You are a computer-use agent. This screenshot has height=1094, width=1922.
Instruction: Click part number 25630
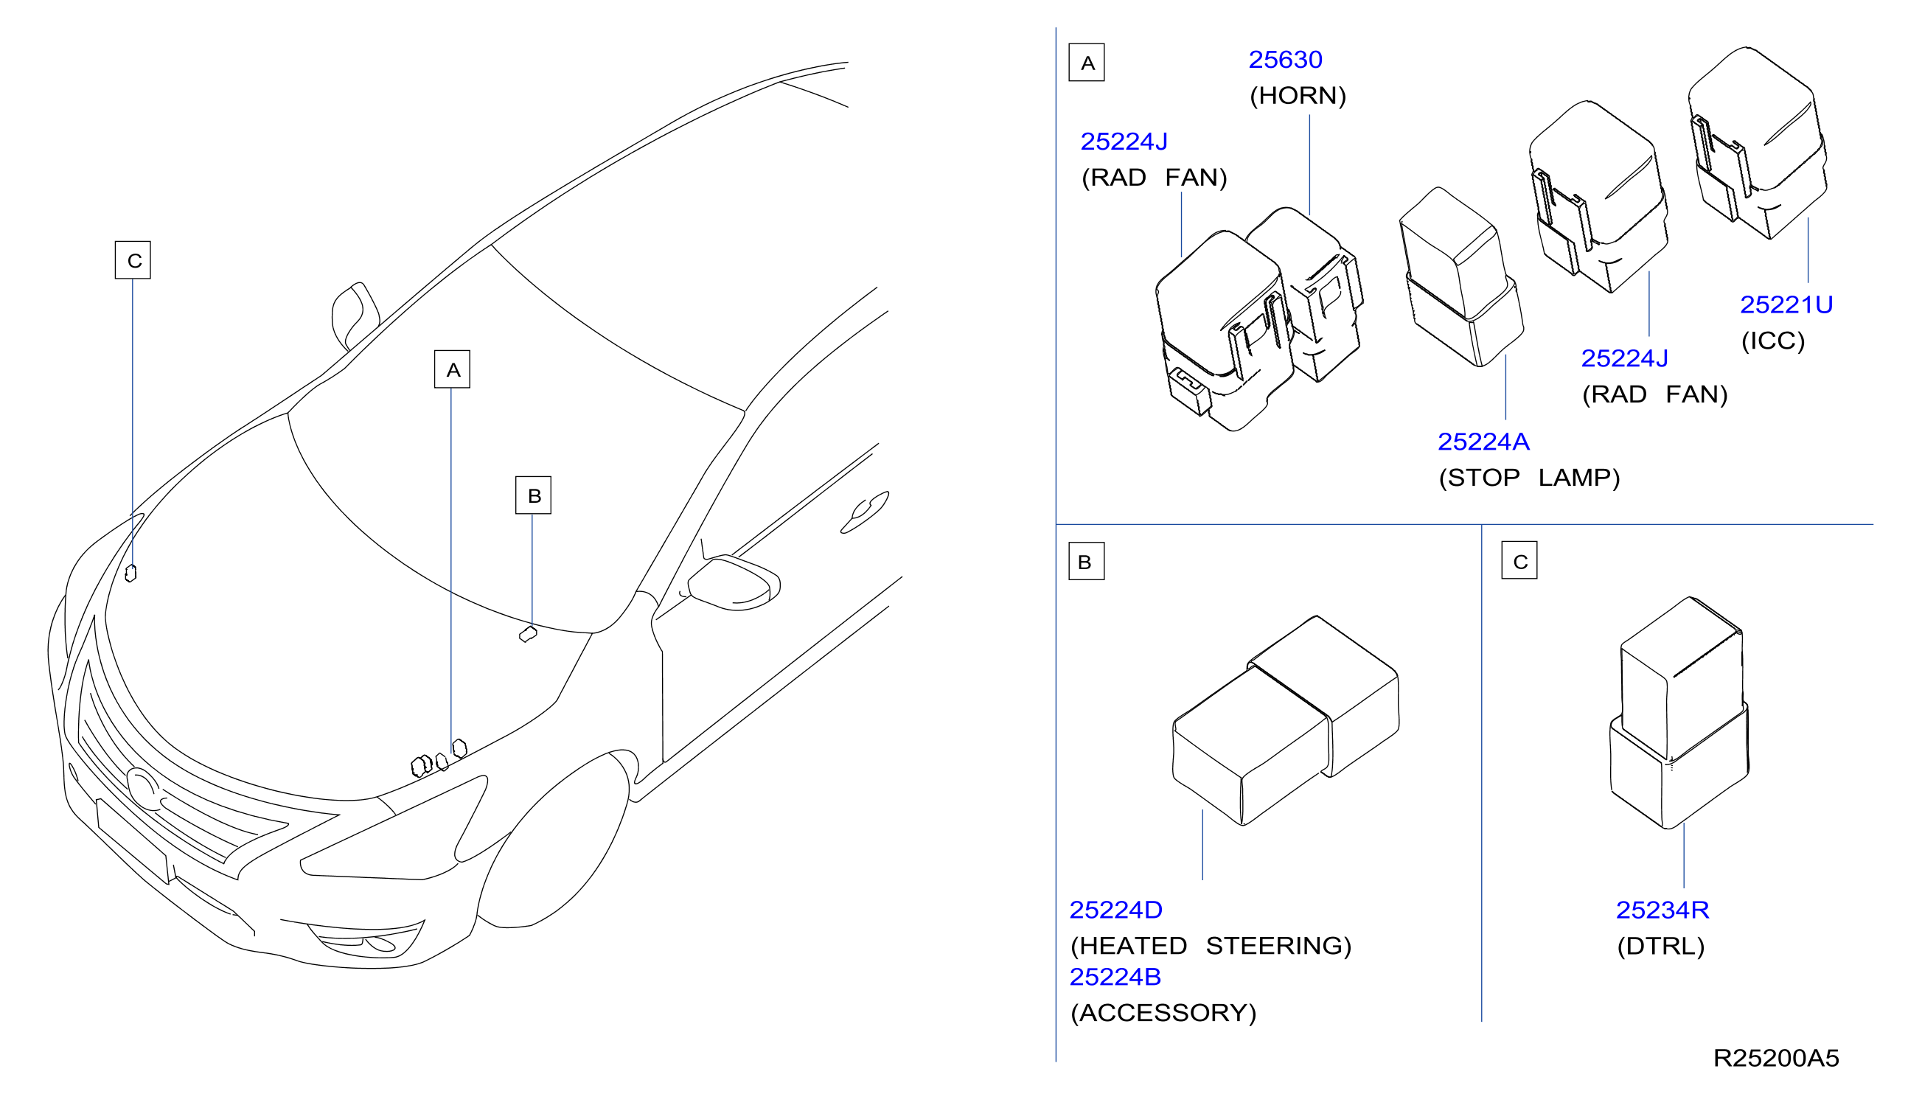[1285, 60]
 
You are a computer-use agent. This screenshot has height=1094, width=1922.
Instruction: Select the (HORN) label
[1298, 95]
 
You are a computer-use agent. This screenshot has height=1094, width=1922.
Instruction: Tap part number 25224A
[1483, 442]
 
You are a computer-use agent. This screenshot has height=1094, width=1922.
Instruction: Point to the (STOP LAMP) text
[1529, 478]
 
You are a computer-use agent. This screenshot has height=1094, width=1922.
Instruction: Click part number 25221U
[1786, 305]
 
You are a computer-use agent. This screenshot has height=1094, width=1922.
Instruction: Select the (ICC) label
[1772, 341]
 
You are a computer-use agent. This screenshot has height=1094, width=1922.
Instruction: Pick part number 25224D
[1115, 910]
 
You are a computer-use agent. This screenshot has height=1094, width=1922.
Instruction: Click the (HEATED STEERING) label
[1211, 946]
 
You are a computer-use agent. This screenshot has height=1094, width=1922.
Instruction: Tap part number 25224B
[1115, 977]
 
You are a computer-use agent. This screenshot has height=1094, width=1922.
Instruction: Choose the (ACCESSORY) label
[1163, 1013]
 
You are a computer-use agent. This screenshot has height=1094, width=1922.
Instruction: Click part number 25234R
[1662, 910]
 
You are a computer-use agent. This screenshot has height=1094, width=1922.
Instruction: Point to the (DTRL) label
[1660, 946]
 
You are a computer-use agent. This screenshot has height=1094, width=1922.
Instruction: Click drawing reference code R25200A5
[1775, 1058]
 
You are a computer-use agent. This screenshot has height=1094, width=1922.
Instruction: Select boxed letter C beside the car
[133, 260]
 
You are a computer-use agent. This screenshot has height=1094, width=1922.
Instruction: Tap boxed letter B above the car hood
[534, 495]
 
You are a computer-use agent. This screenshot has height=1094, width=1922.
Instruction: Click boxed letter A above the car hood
[453, 369]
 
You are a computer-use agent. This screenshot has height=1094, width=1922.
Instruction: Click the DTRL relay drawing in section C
[1679, 712]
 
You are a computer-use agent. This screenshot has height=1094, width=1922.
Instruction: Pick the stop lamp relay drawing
[1460, 277]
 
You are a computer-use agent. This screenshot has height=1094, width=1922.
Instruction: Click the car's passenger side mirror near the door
[734, 582]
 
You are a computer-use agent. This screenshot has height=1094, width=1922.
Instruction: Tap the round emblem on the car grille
[142, 788]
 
